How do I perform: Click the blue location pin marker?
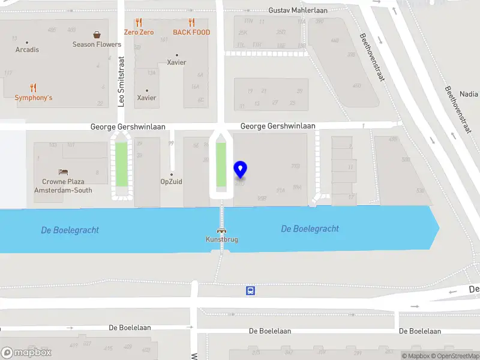[241, 170]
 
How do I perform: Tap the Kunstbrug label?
[222, 239]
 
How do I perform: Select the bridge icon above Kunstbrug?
[222, 230]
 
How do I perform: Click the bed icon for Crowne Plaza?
[63, 172]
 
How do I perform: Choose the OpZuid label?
[171, 182]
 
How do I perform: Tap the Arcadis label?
[28, 50]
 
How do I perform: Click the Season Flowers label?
[97, 44]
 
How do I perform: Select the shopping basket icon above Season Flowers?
[97, 35]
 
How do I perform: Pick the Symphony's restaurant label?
[34, 98]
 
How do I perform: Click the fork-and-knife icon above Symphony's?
[34, 88]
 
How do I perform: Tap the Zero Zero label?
[139, 32]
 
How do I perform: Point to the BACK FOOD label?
[191, 32]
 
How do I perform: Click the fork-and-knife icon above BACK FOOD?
[191, 23]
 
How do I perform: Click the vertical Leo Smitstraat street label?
[121, 82]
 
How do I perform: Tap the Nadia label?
[469, 94]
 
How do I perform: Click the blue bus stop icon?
[250, 291]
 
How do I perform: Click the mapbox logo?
[26, 353]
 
